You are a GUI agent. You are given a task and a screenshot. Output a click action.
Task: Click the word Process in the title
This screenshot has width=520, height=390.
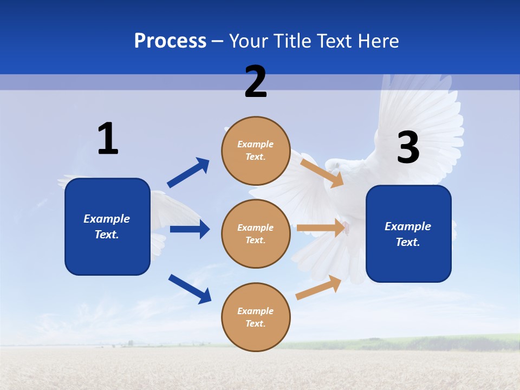pyautogui.click(x=170, y=41)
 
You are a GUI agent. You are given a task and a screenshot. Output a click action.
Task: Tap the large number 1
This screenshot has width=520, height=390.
pyautogui.click(x=108, y=139)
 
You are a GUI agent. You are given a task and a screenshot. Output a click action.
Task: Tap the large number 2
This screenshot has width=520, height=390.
pyautogui.click(x=256, y=82)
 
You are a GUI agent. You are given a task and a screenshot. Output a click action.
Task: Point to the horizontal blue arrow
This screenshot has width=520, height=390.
pyautogui.click(x=190, y=229)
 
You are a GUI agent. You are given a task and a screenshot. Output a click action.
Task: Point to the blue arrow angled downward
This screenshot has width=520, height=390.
pyautogui.click(x=190, y=289)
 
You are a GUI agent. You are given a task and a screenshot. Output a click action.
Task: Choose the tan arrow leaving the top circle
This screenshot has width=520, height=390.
pyautogui.click(x=322, y=173)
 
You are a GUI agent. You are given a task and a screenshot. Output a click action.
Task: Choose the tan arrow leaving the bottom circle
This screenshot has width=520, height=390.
pyautogui.click(x=318, y=288)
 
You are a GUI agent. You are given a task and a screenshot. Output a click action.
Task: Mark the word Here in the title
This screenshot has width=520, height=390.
pyautogui.click(x=379, y=41)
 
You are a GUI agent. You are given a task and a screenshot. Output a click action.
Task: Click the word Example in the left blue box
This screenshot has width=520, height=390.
pyautogui.click(x=107, y=219)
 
